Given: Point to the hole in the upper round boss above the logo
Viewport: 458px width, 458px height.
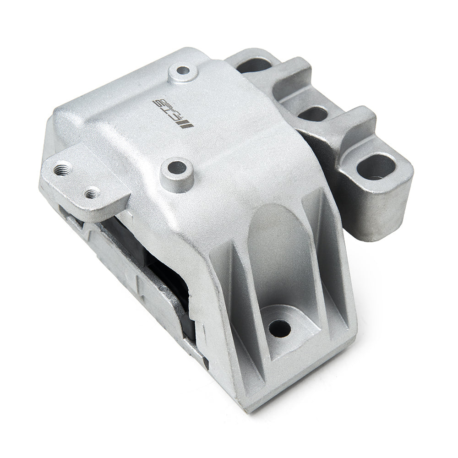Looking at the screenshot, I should (183, 71).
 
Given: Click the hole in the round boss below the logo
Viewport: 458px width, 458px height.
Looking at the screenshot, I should (176, 168).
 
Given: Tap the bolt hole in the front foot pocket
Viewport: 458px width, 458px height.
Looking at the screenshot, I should (279, 328).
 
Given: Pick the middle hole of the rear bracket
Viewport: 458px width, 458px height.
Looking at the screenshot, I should (313, 113).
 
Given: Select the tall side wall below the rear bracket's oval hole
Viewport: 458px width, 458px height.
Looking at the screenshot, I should (376, 215).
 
